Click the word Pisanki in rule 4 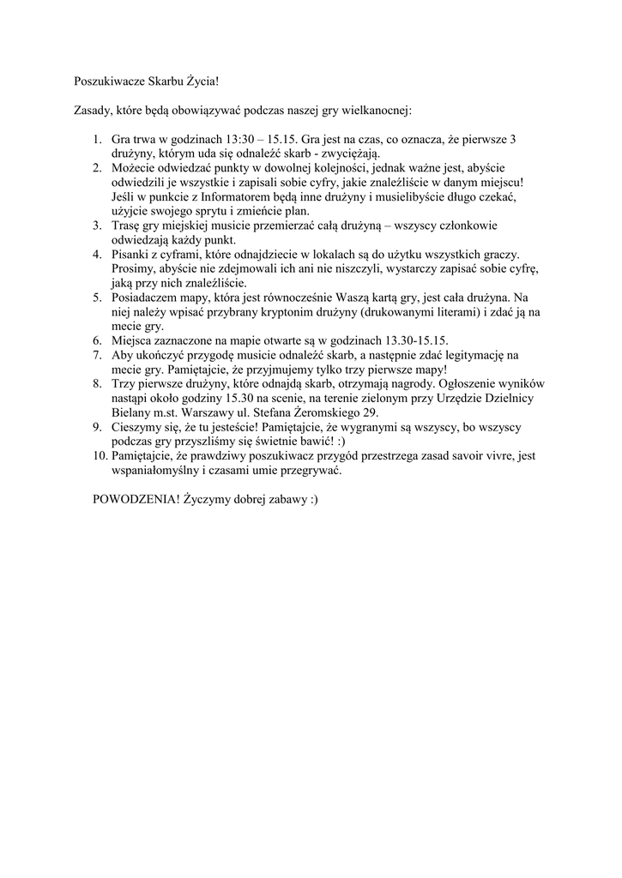point(131,255)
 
